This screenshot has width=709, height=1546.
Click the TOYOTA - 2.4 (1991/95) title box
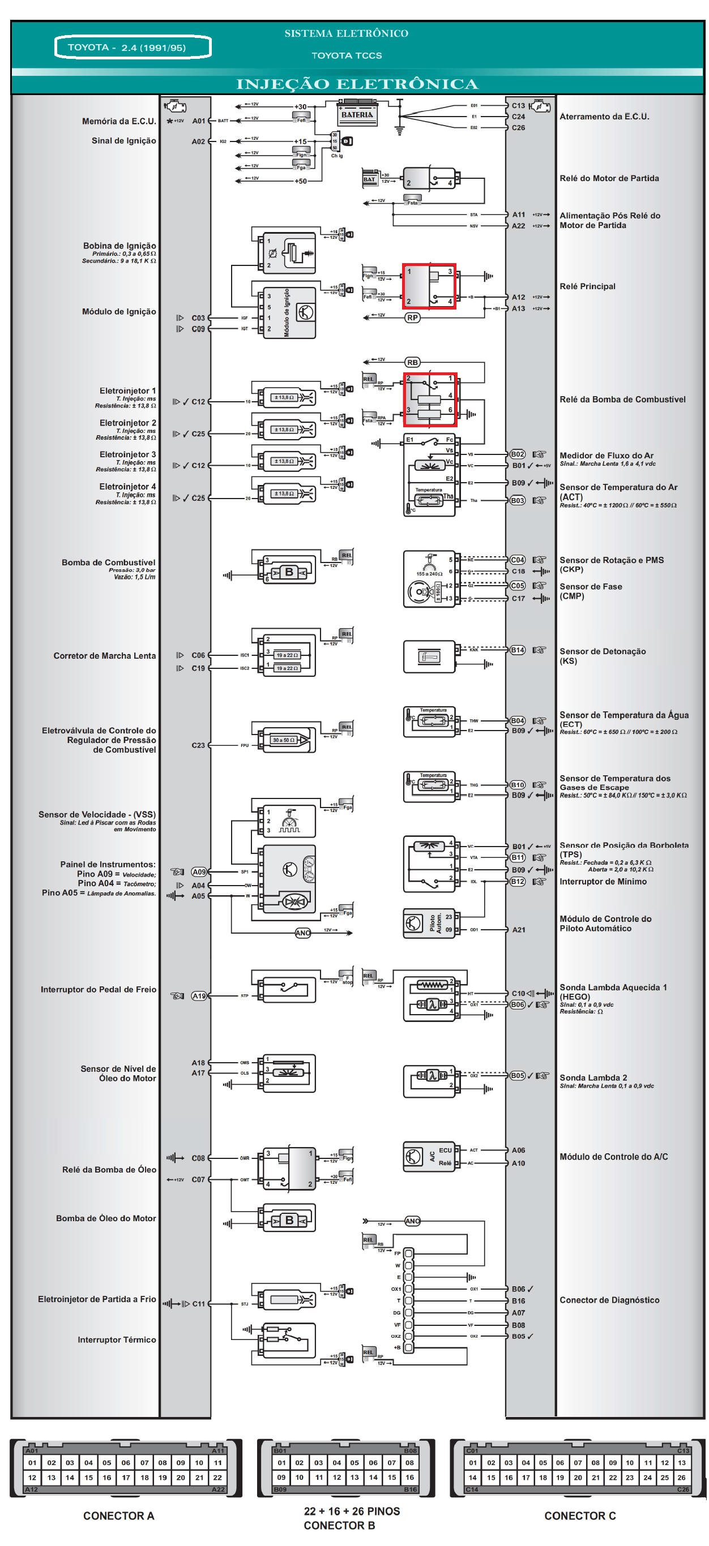[133, 48]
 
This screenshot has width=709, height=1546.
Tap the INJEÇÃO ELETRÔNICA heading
[357, 84]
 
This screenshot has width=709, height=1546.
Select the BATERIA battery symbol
[357, 114]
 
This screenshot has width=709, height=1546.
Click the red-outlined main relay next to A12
[429, 286]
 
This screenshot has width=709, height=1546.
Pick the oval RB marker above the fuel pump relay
[412, 363]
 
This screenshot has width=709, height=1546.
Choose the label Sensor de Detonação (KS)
[602, 655]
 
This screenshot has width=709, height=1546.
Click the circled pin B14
[517, 650]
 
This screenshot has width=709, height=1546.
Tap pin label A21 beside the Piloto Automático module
[518, 930]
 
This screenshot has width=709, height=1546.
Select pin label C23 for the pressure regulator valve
[198, 745]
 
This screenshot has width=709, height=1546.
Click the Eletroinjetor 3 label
[127, 454]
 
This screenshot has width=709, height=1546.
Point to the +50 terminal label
[300, 181]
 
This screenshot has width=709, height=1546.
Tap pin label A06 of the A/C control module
[518, 1150]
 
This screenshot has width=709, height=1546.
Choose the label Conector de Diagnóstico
[609, 1300]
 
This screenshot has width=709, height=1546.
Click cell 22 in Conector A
[217, 1478]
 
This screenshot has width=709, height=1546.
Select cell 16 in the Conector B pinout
[409, 1477]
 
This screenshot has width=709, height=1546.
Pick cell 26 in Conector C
[681, 1478]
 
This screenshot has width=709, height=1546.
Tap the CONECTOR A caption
[118, 1515]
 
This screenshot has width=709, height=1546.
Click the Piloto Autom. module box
[429, 923]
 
